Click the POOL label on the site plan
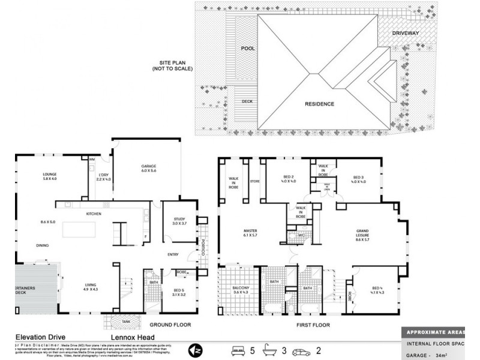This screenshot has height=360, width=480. [x=248, y=48]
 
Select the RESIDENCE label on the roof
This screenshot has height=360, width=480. [x=319, y=104]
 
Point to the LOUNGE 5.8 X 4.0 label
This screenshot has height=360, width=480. [x=49, y=176]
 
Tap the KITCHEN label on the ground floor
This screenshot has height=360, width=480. [x=94, y=214]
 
